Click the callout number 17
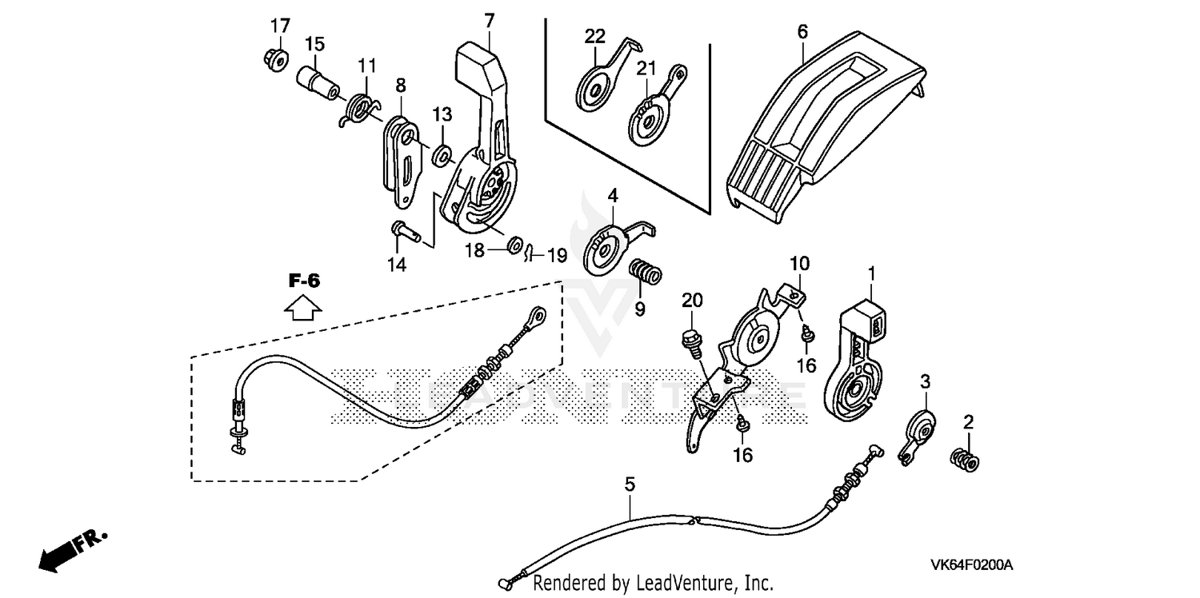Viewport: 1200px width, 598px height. click(279, 26)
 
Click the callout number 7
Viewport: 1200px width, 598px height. click(490, 18)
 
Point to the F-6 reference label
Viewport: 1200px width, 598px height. click(304, 281)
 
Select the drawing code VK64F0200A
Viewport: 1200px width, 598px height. click(971, 565)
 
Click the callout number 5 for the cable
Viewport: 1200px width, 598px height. click(630, 484)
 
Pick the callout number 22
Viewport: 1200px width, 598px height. click(594, 36)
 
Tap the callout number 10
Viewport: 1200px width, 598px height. click(800, 263)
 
